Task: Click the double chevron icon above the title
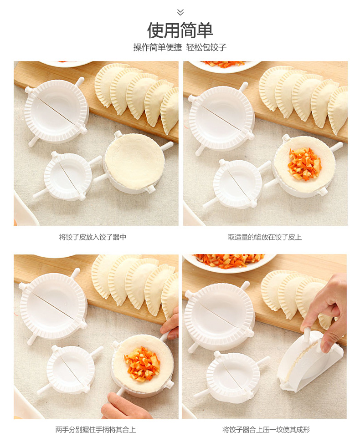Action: (180, 12)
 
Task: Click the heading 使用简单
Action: (180, 30)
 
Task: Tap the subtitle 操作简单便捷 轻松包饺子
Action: (180, 47)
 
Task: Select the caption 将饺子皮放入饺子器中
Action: (93, 237)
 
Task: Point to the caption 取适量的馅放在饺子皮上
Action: (265, 237)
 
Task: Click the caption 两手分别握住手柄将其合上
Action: (95, 430)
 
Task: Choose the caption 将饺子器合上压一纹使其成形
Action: (266, 430)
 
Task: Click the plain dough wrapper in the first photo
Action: (134, 161)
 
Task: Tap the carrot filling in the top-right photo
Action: (305, 164)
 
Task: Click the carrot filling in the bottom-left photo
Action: (142, 364)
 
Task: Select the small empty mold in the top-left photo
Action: (67, 176)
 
